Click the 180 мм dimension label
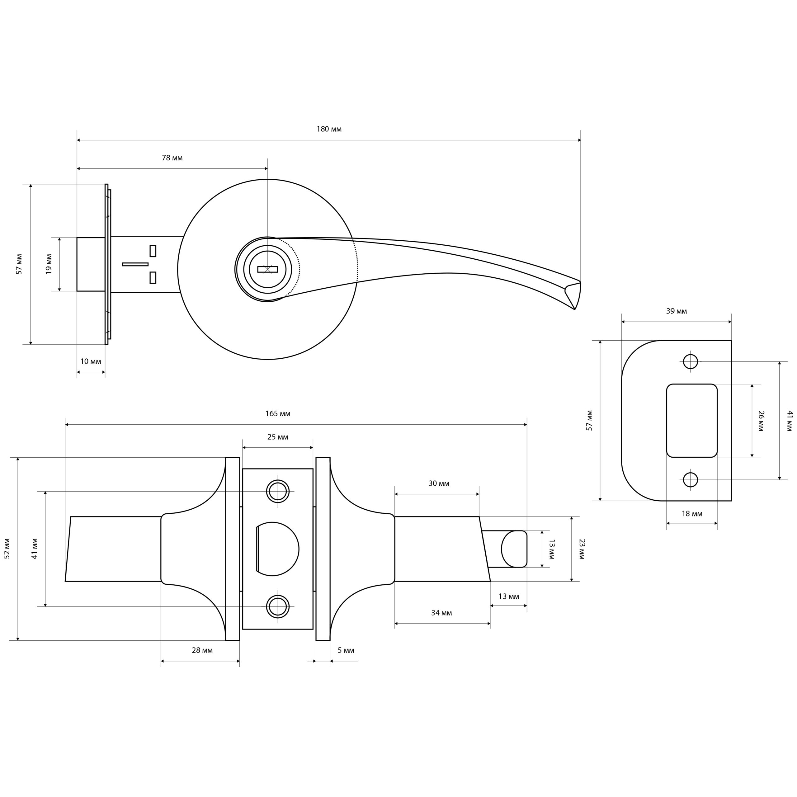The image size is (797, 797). click(x=329, y=129)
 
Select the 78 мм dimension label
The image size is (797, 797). click(x=172, y=158)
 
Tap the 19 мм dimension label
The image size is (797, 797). click(x=49, y=264)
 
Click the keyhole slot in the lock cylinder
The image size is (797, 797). click(x=267, y=269)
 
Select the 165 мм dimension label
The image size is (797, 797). click(x=278, y=413)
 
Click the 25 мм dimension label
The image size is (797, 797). click(x=278, y=437)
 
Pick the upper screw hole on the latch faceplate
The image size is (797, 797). click(x=278, y=491)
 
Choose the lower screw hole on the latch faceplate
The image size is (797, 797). click(x=278, y=606)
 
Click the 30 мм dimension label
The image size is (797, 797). click(x=439, y=483)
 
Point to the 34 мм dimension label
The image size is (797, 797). click(x=441, y=613)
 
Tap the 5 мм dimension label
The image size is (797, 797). click(x=346, y=651)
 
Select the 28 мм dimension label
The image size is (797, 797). click(x=202, y=651)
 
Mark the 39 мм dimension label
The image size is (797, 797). click(x=677, y=311)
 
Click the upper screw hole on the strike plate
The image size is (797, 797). click(x=691, y=361)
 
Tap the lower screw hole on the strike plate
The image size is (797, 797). click(x=691, y=480)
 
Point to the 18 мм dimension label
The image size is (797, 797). click(x=692, y=514)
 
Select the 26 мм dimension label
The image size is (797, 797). click(x=761, y=421)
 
